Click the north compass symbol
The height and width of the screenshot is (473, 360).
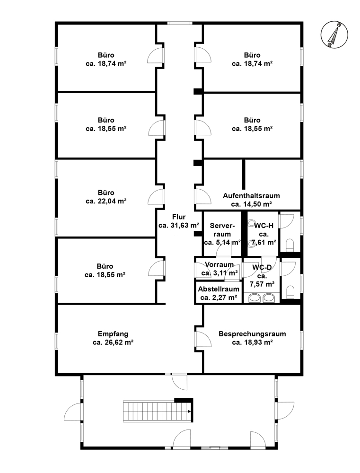334,35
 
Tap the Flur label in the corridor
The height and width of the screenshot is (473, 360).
179,217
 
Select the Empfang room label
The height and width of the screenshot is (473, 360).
113,334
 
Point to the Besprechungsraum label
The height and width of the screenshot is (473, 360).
252,334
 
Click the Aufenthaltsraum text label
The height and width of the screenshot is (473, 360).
251,195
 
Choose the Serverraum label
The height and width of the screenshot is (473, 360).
222,229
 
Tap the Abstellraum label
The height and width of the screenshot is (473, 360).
219,289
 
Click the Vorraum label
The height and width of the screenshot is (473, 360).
220,264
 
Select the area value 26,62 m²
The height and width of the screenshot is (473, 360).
119,342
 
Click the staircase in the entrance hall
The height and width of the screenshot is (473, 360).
158,411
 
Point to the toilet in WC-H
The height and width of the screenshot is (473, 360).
290,245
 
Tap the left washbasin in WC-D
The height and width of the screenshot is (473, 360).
255,298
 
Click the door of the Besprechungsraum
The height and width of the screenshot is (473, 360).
203,339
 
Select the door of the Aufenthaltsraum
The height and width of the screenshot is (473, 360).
203,196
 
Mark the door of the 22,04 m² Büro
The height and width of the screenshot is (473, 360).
156,197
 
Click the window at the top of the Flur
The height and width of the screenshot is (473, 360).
180,23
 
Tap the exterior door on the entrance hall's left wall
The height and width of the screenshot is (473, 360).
73,411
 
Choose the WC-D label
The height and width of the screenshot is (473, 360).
262,267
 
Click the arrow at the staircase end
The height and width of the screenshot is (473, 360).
189,411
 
